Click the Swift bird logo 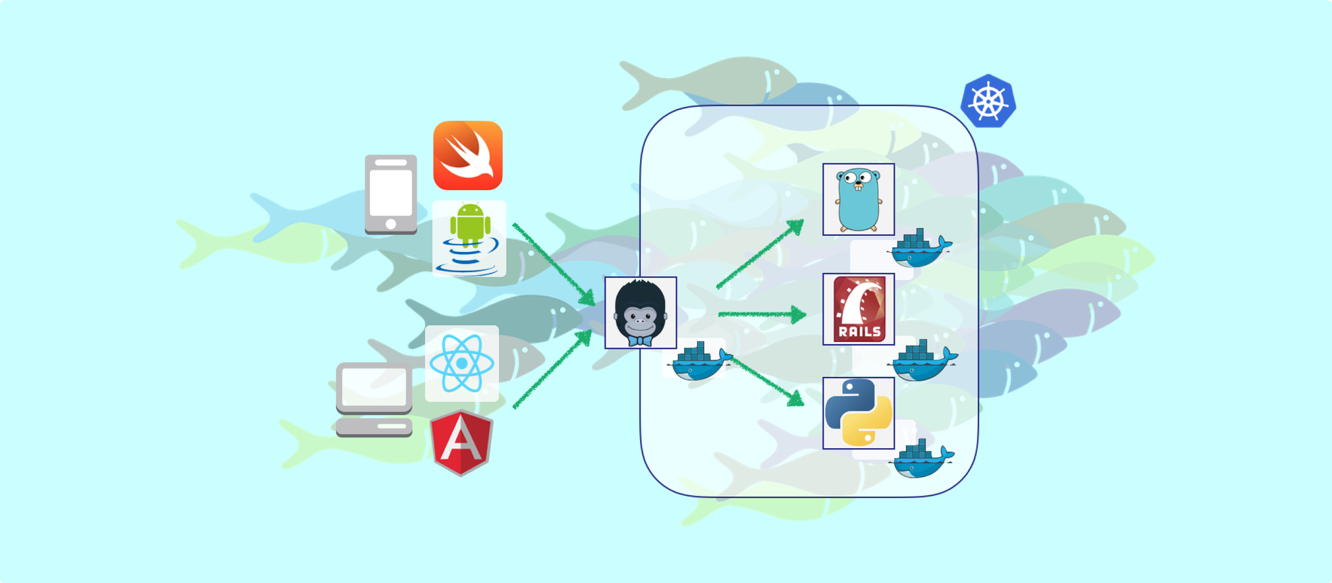tap(468, 155)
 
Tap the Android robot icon tap(470, 224)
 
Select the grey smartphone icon tap(391, 195)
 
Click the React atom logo tap(462, 363)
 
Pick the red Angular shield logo tap(462, 443)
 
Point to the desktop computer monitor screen tap(374, 387)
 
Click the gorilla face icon tap(640, 312)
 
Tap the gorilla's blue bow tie tap(640, 341)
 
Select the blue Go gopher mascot tap(859, 199)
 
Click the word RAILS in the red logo tap(860, 332)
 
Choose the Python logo tap(859, 413)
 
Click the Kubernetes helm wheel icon tap(988, 101)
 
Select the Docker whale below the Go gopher tap(920, 248)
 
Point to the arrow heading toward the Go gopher tap(760, 254)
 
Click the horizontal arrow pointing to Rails tap(762, 314)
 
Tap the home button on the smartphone tap(391, 224)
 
